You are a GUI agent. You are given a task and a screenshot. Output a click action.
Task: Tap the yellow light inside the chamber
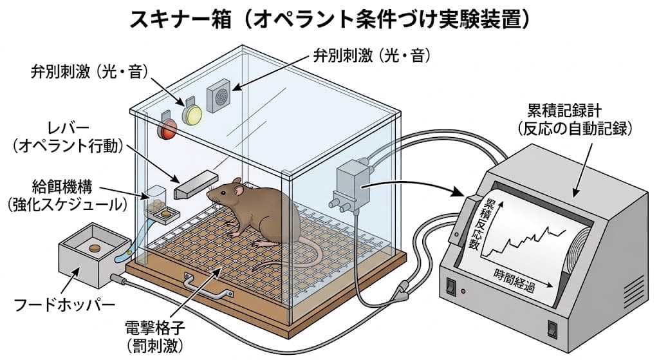[x=192, y=113]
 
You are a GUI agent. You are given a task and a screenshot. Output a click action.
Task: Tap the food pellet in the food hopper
[x=94, y=247]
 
